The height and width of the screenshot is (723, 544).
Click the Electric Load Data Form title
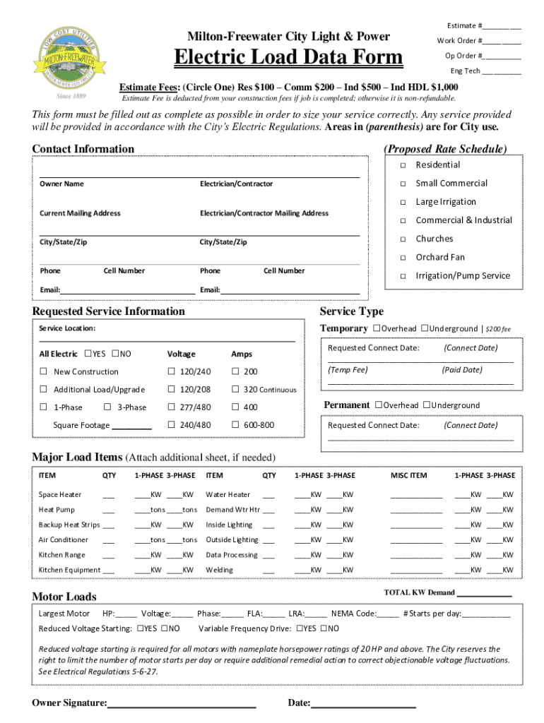(x=288, y=57)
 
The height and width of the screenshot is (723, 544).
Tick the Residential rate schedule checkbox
(x=401, y=165)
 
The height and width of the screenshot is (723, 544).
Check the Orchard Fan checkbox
(x=401, y=258)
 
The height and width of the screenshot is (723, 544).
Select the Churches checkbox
(x=401, y=239)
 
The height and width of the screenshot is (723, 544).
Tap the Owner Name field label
(x=61, y=184)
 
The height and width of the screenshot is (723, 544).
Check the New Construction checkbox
(x=44, y=372)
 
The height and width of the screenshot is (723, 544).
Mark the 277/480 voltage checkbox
(x=171, y=407)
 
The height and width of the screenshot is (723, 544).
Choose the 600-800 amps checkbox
(x=235, y=425)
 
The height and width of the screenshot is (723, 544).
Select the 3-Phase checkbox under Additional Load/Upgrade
(x=107, y=407)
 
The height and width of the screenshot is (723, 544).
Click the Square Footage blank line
(x=131, y=426)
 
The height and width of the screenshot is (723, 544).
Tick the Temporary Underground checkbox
(x=425, y=328)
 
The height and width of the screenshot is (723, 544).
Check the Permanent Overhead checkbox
(x=379, y=405)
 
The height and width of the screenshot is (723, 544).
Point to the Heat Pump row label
(x=57, y=510)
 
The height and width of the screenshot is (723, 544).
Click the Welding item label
(x=219, y=570)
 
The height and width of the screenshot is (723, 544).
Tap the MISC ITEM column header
(x=409, y=476)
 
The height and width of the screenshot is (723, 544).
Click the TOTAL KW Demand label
(x=419, y=592)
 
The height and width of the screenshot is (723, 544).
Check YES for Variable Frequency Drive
(x=300, y=628)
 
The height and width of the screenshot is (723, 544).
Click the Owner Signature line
(x=182, y=703)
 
